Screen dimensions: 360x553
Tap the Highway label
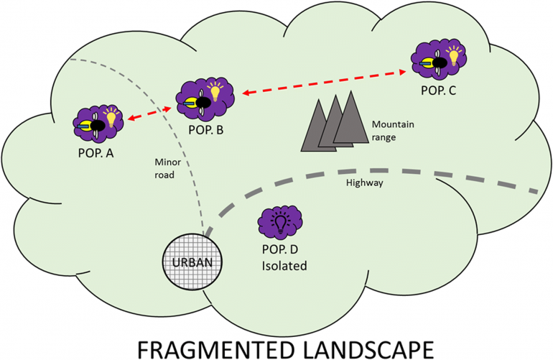[x=363, y=183]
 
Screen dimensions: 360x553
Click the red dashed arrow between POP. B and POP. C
[x=320, y=82]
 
